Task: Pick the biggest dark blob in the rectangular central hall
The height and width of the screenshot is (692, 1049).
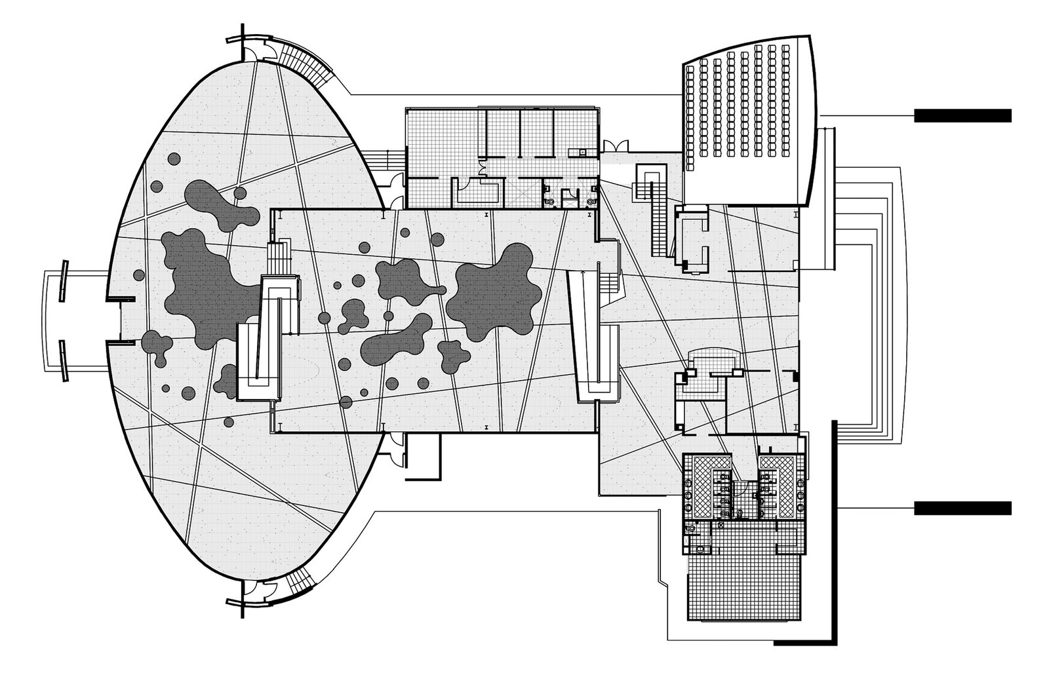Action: point(495,292)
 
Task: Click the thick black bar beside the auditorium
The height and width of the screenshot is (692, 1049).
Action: point(962,115)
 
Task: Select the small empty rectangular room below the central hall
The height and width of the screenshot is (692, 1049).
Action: point(424,452)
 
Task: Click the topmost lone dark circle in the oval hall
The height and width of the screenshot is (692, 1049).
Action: point(174,159)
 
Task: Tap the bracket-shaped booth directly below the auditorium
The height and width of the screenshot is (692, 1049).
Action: point(694,239)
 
